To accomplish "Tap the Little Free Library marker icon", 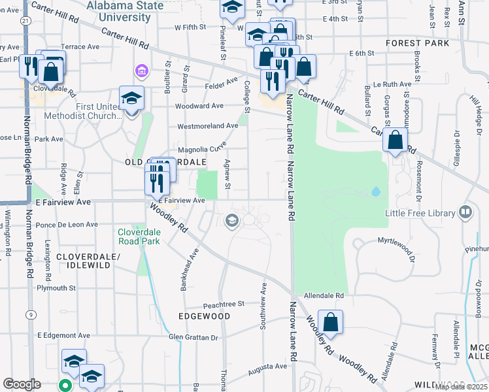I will point(465,212).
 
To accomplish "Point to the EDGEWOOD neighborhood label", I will point(205,316).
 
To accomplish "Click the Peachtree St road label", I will point(223,304).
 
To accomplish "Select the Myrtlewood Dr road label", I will point(396,241).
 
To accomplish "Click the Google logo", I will point(21,384).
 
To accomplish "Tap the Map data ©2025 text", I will point(461,387).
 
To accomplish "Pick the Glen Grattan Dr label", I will point(193,337).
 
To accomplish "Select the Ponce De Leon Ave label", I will point(67,224).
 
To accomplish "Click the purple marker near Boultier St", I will point(140,71).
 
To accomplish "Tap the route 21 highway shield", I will point(25,21).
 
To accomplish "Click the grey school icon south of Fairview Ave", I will point(231,221).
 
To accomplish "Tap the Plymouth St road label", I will point(56,287).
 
